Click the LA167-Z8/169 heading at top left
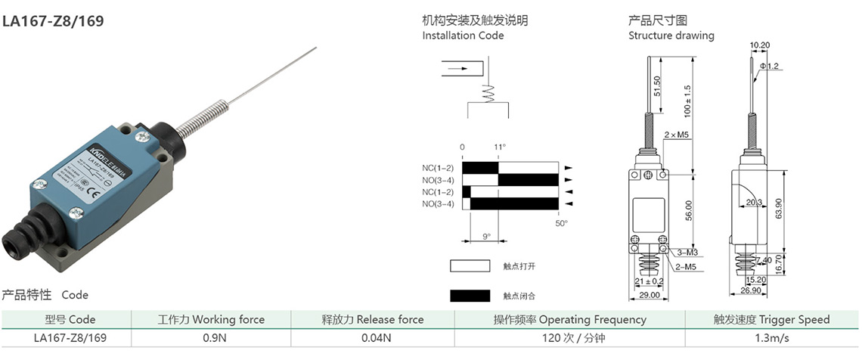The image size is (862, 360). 53,21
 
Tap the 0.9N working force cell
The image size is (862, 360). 211,338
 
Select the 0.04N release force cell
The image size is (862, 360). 373,338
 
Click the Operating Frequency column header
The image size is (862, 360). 570,319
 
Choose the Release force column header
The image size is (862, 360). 373,319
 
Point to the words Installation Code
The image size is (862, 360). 463,36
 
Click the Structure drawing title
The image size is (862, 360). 671,36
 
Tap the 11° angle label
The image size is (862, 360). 499,147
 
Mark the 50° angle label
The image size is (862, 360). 561,223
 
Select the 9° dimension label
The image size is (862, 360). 486,236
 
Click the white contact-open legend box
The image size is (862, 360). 470,265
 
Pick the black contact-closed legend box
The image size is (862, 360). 470,295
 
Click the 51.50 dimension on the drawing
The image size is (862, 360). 658,86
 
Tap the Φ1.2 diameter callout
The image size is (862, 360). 771,66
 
